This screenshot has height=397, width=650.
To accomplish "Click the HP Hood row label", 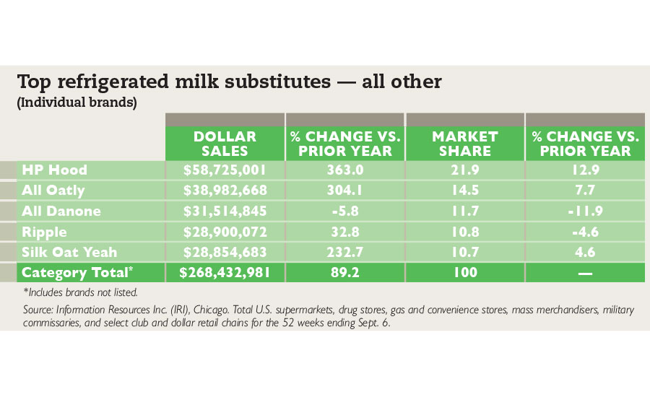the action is click(54, 170).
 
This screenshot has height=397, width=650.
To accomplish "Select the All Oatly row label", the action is click(53, 191).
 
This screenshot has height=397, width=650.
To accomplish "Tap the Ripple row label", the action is click(44, 232).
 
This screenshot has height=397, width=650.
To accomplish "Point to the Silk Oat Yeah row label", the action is click(69, 252).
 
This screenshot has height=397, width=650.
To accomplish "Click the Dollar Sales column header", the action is click(225, 144).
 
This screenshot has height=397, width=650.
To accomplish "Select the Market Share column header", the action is click(464, 144).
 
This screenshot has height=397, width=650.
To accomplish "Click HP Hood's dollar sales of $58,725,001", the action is click(225, 170).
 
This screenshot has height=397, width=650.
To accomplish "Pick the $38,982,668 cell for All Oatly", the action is click(225, 191).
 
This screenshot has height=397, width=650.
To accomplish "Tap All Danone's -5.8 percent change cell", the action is click(345, 211).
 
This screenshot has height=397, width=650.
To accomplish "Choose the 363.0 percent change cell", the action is click(345, 170).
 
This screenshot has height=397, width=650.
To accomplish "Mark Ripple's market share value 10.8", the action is click(465, 232).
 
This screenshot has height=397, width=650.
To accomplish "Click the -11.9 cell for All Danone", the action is click(585, 211).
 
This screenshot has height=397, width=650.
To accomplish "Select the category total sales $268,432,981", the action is click(225, 272).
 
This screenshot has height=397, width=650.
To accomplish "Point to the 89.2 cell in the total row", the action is click(345, 272).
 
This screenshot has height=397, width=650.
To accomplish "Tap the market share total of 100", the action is click(465, 272).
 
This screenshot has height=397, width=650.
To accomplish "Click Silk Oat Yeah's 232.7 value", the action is click(345, 252).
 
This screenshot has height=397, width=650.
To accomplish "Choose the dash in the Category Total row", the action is click(585, 273).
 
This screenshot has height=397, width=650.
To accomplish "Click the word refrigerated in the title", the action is click(113, 82).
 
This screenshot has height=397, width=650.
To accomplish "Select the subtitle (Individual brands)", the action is click(77, 102).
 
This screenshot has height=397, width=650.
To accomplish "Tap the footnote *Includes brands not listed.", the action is click(80, 292).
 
